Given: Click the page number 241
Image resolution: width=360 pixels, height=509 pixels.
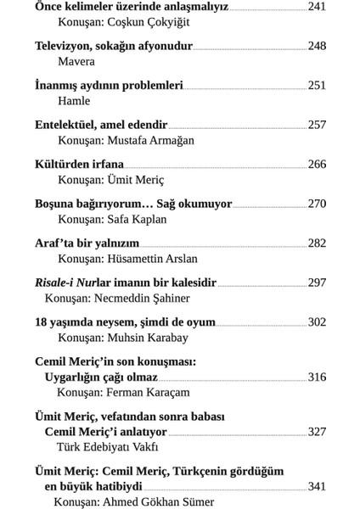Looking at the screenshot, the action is pos(317,6).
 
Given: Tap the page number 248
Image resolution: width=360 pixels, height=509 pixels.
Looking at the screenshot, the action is pos(317,45).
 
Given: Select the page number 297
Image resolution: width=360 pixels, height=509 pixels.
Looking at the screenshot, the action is pos(317,282).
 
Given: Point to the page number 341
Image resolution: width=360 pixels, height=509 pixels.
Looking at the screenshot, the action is pos(317,486).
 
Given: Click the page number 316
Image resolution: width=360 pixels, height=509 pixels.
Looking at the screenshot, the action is pos(317,377).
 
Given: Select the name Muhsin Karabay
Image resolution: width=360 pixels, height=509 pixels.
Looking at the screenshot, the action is pos(151,338).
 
